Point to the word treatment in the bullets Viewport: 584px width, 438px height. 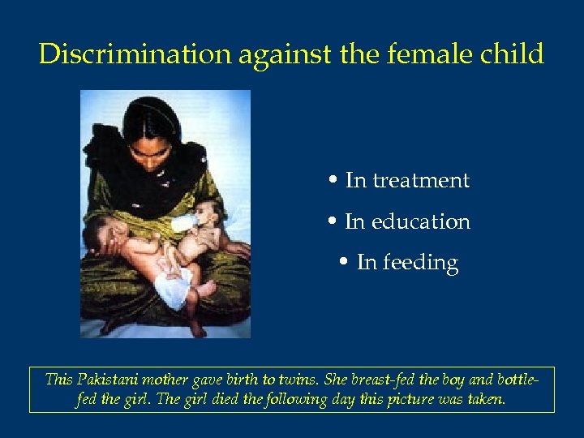(420, 180)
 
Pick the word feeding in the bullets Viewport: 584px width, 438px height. (420, 263)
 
